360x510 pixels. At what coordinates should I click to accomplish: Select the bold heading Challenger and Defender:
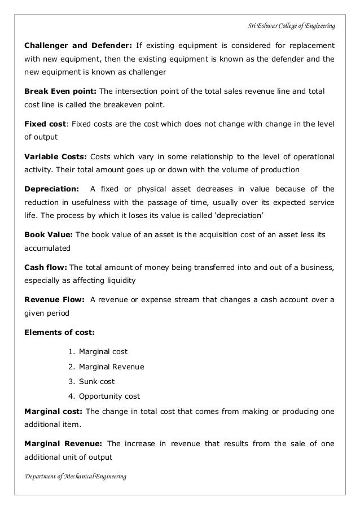77,45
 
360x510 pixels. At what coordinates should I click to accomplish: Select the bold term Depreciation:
50,189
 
